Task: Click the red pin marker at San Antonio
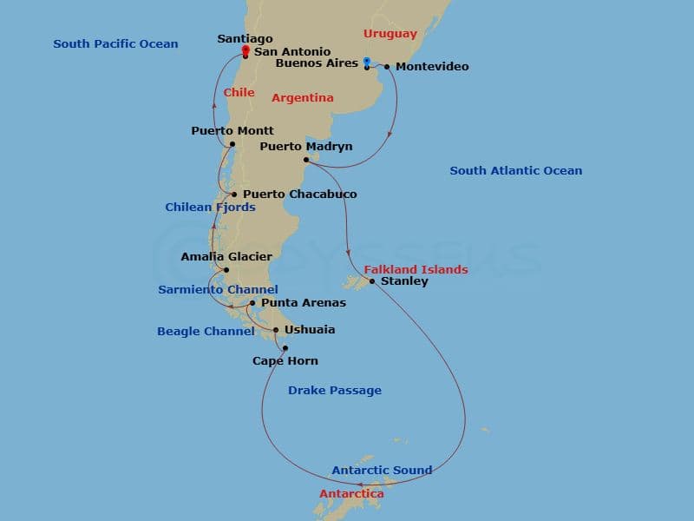tap(246, 50)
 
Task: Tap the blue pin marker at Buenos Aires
tap(367, 62)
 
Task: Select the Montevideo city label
tap(432, 67)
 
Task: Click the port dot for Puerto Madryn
tap(307, 160)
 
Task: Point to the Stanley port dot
tap(372, 281)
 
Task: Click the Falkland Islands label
tap(416, 270)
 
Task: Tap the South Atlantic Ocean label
tap(515, 171)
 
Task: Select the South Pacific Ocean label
tap(115, 44)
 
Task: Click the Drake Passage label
tap(334, 391)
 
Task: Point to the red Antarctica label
tap(351, 494)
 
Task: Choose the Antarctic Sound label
tap(382, 471)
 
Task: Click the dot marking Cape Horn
tap(285, 348)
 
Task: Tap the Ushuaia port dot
tap(276, 330)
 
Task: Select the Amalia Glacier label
tap(226, 257)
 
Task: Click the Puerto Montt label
tap(232, 131)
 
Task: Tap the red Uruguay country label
tap(390, 34)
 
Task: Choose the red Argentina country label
tap(302, 98)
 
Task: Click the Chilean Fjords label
tap(210, 208)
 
